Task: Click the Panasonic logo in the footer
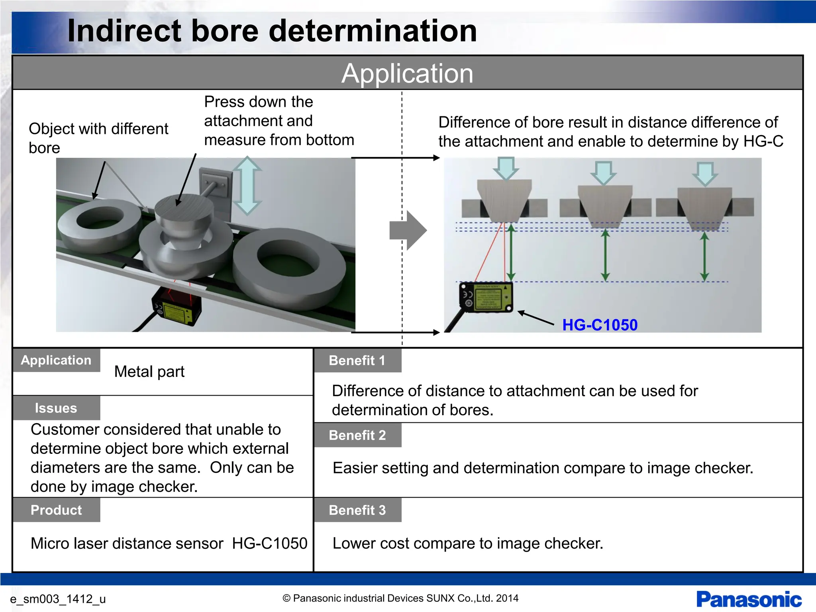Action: pos(749,600)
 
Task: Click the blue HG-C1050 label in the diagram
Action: pos(600,325)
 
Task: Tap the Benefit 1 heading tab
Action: pos(357,361)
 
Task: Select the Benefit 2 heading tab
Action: pos(357,435)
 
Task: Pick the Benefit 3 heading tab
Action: pos(357,510)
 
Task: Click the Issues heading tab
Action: pos(56,408)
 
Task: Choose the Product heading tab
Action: pos(56,510)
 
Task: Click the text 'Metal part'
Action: pos(149,372)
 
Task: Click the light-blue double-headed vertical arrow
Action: pos(247,186)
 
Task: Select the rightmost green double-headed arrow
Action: pos(704,257)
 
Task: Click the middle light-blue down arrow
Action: pos(604,172)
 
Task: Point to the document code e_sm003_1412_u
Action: pos(58,599)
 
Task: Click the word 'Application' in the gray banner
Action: pos(407,73)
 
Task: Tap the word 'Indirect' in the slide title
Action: pos(124,31)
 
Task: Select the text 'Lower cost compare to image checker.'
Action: pos(468,543)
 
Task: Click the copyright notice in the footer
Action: pos(400,598)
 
